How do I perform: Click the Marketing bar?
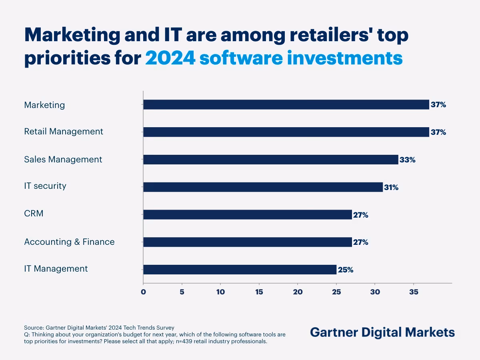click(286, 105)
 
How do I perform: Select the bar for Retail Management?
click(286, 132)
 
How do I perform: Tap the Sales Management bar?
click(271, 160)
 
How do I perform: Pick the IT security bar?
click(263, 187)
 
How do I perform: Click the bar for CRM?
click(248, 214)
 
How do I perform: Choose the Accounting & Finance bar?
click(248, 242)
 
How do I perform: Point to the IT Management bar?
click(240, 270)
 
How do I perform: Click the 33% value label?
click(408, 160)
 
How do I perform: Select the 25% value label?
click(346, 270)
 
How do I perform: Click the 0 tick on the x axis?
click(143, 292)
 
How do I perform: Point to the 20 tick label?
click(298, 292)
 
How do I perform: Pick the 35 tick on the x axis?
click(414, 292)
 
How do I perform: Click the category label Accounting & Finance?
click(69, 242)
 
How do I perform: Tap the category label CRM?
click(34, 214)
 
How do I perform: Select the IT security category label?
click(45, 186)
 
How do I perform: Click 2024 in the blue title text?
click(170, 58)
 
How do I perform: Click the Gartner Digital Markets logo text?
click(382, 332)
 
